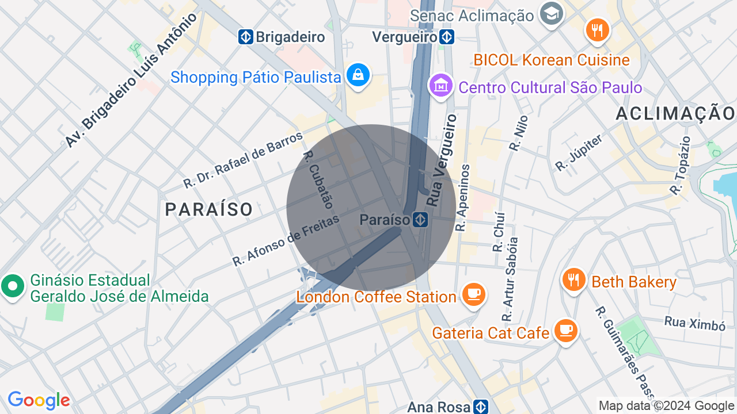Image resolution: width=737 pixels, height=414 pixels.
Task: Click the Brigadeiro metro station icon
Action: [246, 37]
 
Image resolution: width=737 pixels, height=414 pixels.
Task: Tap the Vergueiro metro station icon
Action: [447, 37]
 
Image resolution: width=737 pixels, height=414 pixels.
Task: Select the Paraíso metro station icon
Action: [420, 220]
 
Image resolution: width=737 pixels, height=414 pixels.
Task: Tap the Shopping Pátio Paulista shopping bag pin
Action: [358, 76]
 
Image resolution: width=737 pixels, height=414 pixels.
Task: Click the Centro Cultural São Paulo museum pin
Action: [441, 86]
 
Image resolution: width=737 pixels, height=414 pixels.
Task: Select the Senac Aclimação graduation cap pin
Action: [551, 14]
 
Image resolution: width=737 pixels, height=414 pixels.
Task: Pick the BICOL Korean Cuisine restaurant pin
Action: [597, 30]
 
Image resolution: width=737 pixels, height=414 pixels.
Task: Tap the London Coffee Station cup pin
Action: [474, 295]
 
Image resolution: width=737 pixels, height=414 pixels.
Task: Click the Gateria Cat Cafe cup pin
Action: [565, 331]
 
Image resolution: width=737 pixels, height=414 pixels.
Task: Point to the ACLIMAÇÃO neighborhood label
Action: [675, 113]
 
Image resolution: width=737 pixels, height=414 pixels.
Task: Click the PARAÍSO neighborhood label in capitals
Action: [209, 209]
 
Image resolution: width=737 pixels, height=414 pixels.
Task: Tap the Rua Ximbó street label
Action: [694, 323]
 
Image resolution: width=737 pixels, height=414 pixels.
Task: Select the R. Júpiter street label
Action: [579, 152]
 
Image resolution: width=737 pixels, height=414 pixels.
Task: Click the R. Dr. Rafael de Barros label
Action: [243, 160]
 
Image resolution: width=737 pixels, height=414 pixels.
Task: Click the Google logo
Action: [39, 400]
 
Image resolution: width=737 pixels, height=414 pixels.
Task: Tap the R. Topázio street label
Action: [680, 165]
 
